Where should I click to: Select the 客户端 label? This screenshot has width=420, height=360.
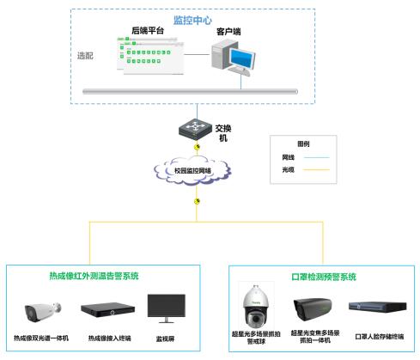tap(228, 31)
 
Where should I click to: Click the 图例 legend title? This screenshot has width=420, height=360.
tap(302, 144)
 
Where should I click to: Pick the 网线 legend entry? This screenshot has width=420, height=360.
tap(288, 157)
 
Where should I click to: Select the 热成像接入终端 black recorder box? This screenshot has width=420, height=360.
tap(103, 310)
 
